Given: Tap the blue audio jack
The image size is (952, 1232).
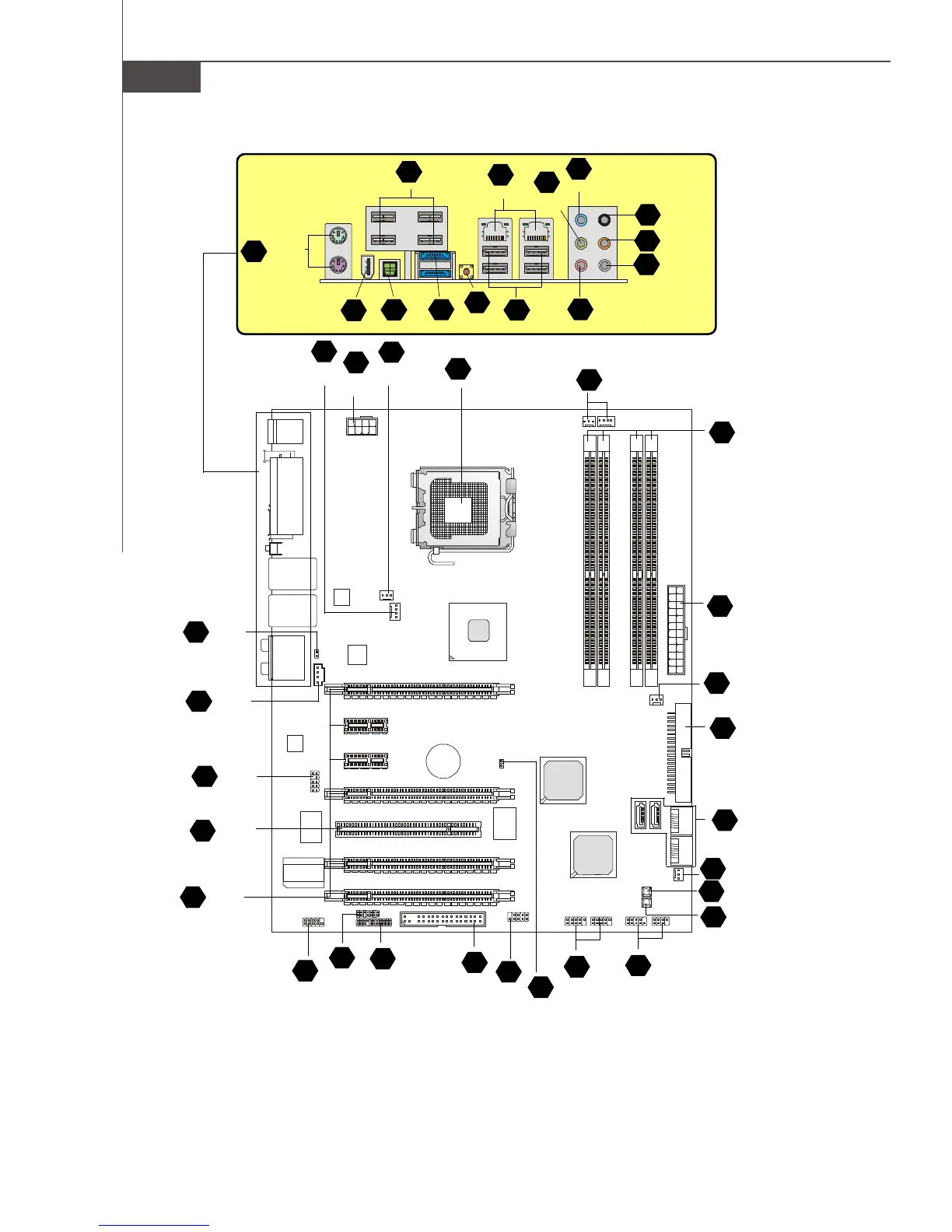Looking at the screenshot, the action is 579,220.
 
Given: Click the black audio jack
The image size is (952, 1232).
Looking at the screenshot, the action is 604,220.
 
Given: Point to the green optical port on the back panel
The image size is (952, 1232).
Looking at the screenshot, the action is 389,269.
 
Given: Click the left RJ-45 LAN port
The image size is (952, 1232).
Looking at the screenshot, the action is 495,233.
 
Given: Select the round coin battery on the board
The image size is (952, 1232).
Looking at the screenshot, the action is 443,759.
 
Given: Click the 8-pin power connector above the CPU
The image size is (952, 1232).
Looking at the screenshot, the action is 361,426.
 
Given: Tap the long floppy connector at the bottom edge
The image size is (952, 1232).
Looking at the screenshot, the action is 443,920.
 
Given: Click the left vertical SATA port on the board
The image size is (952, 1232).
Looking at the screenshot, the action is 638,815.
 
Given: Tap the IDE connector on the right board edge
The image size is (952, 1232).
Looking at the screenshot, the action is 684,753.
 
